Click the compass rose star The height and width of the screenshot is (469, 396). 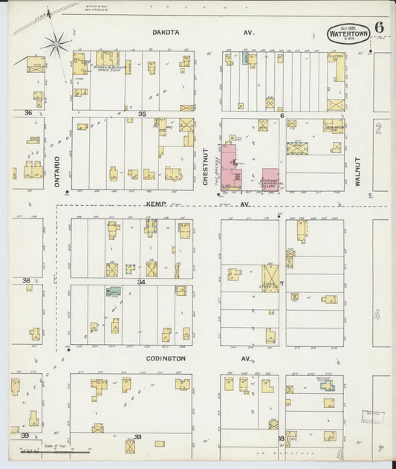pyautogui.click(x=56, y=45)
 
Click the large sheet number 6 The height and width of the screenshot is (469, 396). pyautogui.click(x=379, y=28)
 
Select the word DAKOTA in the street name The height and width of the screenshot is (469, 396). pyautogui.click(x=166, y=33)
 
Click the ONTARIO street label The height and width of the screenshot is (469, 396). pyautogui.click(x=57, y=170)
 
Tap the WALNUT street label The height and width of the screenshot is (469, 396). pyautogui.click(x=357, y=170)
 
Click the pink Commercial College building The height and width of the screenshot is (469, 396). pyautogui.click(x=270, y=179)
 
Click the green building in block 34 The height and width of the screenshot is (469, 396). pyautogui.click(x=114, y=291)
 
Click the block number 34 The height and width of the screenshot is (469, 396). pyautogui.click(x=140, y=282)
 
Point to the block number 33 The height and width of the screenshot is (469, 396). pyautogui.click(x=137, y=437)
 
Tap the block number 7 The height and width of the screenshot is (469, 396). pyautogui.click(x=282, y=283)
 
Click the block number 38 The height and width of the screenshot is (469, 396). pyautogui.click(x=27, y=280)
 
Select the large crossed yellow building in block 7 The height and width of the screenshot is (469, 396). pyautogui.click(x=270, y=279)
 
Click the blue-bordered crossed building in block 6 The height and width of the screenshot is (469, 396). pyautogui.click(x=299, y=149)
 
